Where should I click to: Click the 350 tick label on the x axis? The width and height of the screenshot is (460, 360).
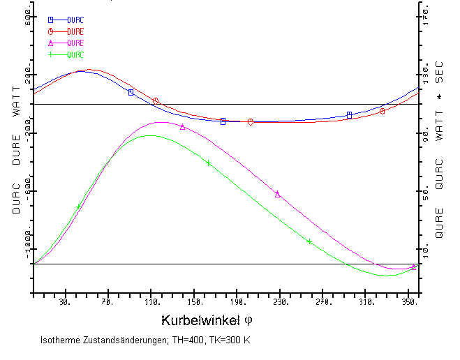tap(409, 302)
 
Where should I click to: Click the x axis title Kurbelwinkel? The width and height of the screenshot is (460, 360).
tap(201, 321)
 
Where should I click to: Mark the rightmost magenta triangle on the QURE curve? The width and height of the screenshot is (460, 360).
tap(413, 267)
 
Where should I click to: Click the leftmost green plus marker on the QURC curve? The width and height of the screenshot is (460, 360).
tap(79, 207)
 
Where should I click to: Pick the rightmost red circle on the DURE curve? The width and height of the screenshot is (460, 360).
tap(382, 111)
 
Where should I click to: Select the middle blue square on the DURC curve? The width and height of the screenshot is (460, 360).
tap(223, 121)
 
